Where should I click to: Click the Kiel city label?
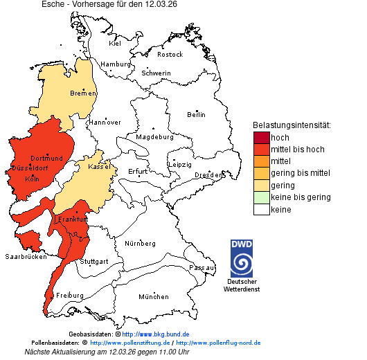115,43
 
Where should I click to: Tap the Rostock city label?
170,54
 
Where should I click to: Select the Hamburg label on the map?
116,64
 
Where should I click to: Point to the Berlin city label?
196,114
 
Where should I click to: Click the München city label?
153,296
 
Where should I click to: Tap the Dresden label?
208,175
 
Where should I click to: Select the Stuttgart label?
94,262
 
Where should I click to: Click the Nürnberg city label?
140,244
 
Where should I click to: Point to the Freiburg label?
70,295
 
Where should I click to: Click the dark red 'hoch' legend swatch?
261,137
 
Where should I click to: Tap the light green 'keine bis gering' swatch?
261,197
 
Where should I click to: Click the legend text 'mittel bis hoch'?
297,149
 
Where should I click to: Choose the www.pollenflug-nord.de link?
218,343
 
